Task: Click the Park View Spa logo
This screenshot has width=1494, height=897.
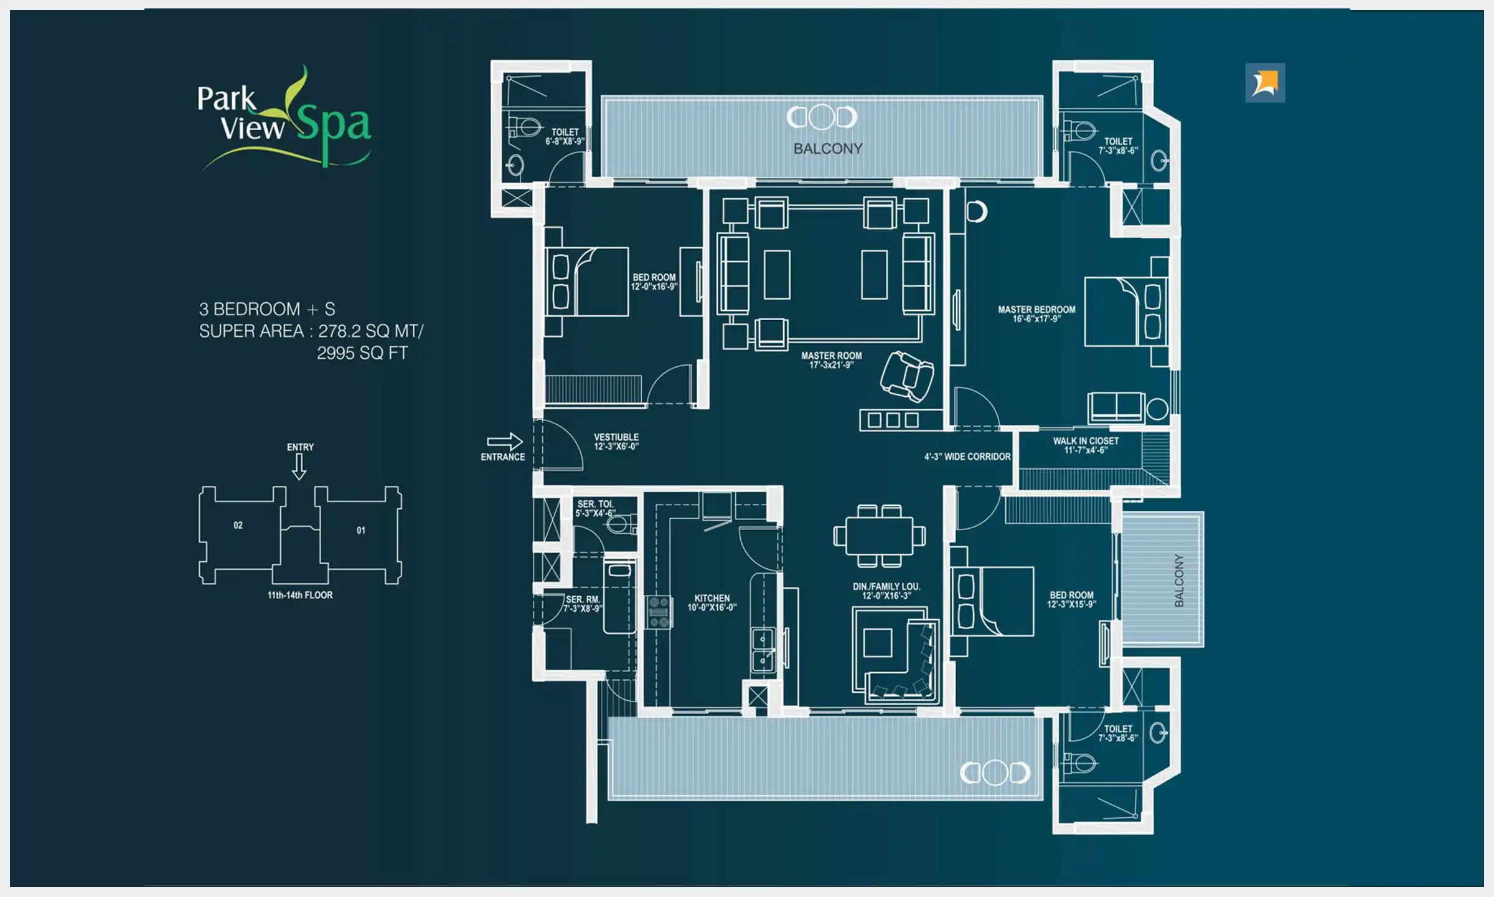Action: coord(284,118)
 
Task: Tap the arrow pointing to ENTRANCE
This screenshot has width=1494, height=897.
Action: coord(505,442)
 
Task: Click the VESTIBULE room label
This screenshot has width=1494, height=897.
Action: coord(616,442)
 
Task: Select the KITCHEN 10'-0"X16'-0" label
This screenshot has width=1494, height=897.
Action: coord(712,602)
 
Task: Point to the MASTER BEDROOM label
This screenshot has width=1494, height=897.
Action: coord(1036,314)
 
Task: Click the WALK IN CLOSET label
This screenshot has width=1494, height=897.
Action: coord(1086,445)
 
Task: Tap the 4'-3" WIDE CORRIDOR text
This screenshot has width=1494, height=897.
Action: coord(967,457)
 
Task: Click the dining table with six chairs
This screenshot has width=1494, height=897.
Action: coord(879,536)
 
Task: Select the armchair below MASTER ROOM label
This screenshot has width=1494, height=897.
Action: coord(907,376)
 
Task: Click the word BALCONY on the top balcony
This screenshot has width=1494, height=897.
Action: coord(828,149)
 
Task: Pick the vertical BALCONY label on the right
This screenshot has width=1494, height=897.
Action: coord(1178,580)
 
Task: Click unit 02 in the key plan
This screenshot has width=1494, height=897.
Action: coord(238,525)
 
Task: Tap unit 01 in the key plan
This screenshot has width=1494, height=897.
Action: coord(361,530)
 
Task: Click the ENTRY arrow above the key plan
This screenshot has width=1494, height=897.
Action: coord(299,466)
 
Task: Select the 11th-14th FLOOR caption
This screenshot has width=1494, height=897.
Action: coord(300,595)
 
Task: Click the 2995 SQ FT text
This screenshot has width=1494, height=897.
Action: coord(362,353)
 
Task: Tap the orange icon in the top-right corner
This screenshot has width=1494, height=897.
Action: coord(1265,83)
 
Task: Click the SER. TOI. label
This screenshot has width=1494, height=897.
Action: coord(595,508)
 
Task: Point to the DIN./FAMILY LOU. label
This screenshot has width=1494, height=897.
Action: coord(886,591)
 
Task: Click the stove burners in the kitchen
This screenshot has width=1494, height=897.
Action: coord(658,612)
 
